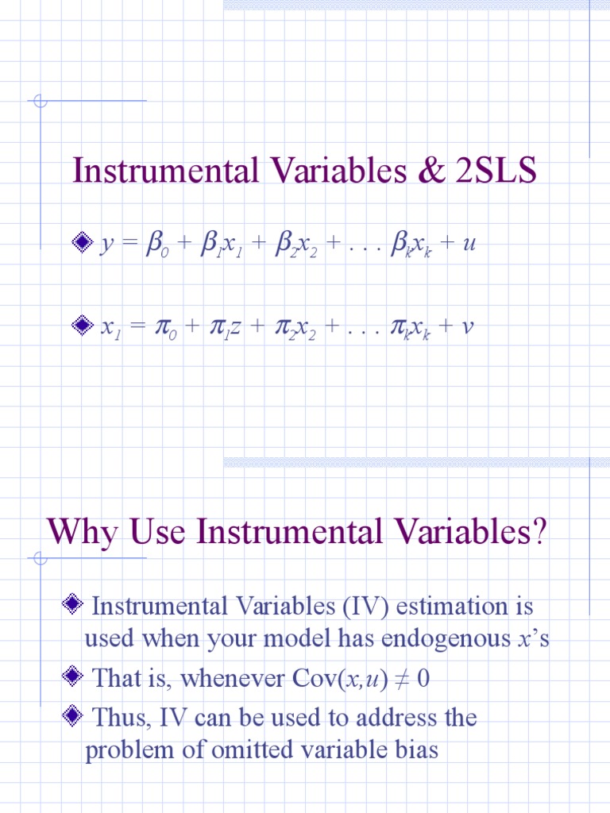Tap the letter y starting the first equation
(x=106, y=244)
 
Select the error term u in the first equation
(x=469, y=244)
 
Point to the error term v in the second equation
(x=467, y=326)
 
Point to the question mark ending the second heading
(x=539, y=531)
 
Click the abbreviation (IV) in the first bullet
(x=365, y=607)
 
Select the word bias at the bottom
(x=414, y=750)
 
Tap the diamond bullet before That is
(x=72, y=677)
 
